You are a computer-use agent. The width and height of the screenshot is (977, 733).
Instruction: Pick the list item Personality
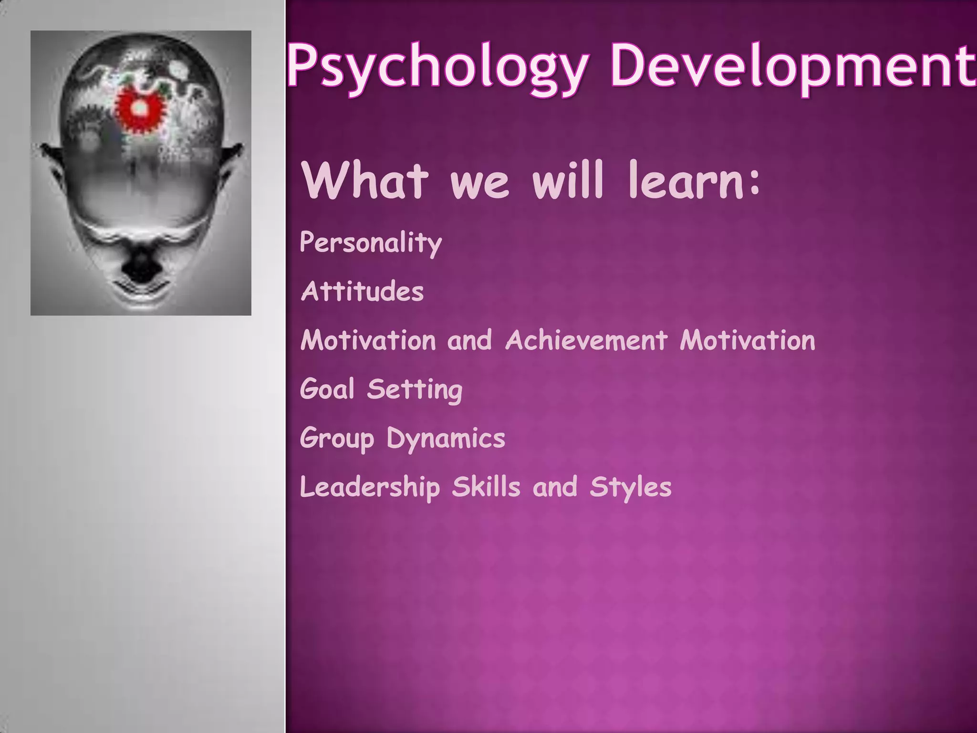pos(371,243)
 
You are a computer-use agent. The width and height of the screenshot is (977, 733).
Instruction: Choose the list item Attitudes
pos(362,292)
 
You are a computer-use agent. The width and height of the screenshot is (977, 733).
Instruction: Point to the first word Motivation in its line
pos(368,341)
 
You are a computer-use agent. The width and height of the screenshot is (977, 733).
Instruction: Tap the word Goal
pos(327,389)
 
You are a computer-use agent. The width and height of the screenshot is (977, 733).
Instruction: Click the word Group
pos(337,439)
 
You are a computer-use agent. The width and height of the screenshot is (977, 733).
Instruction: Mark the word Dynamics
pos(446,439)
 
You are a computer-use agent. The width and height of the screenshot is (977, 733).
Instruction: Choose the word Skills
pos(486,487)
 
